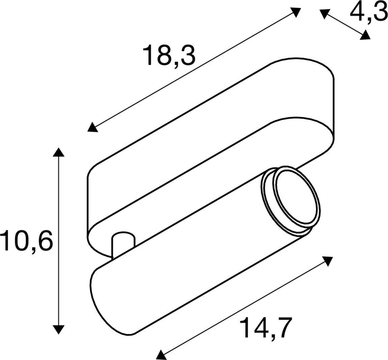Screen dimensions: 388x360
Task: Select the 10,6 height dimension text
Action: (27, 240)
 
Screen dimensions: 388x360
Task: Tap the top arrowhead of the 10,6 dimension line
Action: (59, 152)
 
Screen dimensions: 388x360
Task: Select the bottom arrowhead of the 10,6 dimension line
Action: (59, 330)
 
